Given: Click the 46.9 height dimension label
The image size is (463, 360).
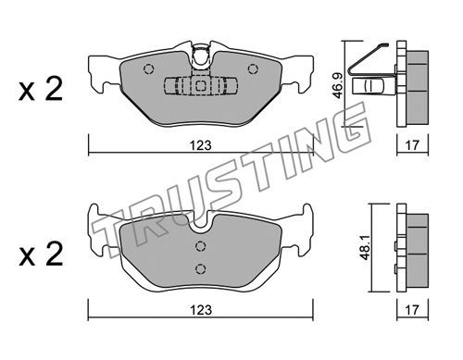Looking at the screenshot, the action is [338, 85].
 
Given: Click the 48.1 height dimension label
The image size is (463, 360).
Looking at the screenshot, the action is [366, 248].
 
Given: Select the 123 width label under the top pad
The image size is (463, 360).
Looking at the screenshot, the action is [200, 145].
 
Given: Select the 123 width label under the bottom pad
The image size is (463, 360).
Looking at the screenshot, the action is [201, 310].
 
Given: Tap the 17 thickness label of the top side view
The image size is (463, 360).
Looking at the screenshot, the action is [412, 145].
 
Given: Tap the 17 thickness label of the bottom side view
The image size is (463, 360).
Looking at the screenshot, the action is [412, 310].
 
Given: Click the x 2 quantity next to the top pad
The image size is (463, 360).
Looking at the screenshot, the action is [41, 89].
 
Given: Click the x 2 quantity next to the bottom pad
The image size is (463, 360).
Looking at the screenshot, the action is [41, 254].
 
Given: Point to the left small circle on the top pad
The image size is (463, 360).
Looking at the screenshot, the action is [148, 68].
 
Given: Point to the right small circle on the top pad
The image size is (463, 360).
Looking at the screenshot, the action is [253, 68].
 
